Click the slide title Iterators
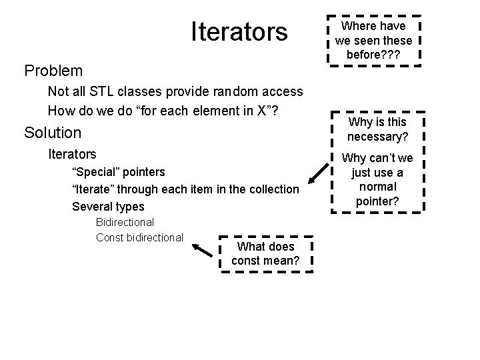(x=239, y=31)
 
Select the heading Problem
(x=53, y=70)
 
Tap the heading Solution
(x=53, y=132)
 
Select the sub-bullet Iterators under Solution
(x=72, y=155)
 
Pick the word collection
(x=273, y=189)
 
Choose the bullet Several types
(x=108, y=207)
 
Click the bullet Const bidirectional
(x=139, y=237)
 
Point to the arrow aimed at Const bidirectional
(x=204, y=250)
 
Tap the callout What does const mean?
(x=265, y=254)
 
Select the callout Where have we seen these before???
(x=373, y=39)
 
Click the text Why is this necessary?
(x=377, y=129)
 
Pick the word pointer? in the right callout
(x=377, y=201)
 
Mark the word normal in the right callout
(x=377, y=187)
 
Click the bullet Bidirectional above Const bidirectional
(x=125, y=222)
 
